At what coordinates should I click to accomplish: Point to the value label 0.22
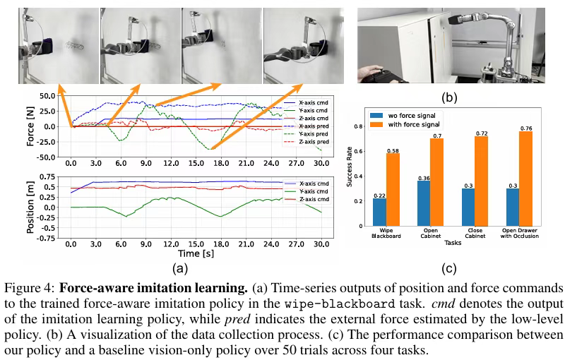coord(379,195)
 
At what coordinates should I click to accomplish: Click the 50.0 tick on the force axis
coord(47,95)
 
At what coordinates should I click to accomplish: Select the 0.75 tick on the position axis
coord(47,176)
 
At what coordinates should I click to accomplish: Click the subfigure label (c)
coord(448,268)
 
